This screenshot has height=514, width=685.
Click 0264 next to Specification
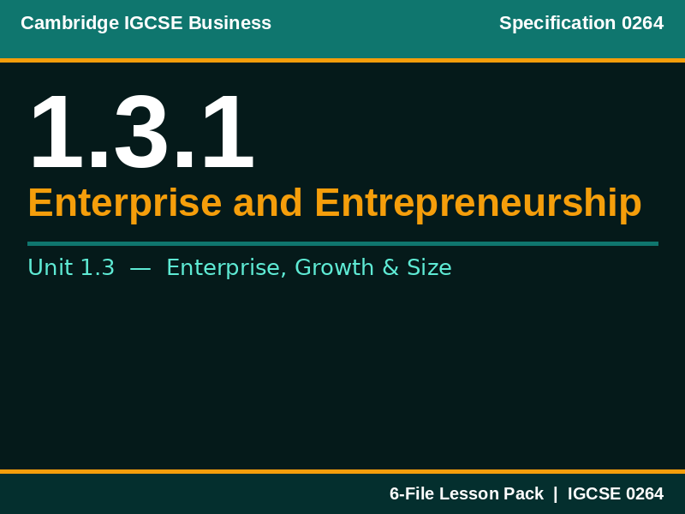(x=642, y=23)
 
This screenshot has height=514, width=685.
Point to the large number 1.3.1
(x=141, y=133)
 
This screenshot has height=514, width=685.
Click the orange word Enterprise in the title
(x=124, y=203)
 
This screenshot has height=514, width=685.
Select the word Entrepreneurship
(x=478, y=203)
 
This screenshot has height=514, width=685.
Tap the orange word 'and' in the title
(x=267, y=203)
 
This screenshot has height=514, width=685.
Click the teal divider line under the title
(x=342, y=243)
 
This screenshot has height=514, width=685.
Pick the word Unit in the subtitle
(x=50, y=268)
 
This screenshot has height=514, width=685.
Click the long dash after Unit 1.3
(x=140, y=268)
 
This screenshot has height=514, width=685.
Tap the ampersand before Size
(x=390, y=268)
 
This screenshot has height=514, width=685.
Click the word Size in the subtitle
(x=429, y=268)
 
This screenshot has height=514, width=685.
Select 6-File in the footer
(x=412, y=493)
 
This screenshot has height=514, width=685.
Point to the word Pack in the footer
(x=524, y=493)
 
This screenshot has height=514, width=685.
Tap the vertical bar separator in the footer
(x=555, y=493)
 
